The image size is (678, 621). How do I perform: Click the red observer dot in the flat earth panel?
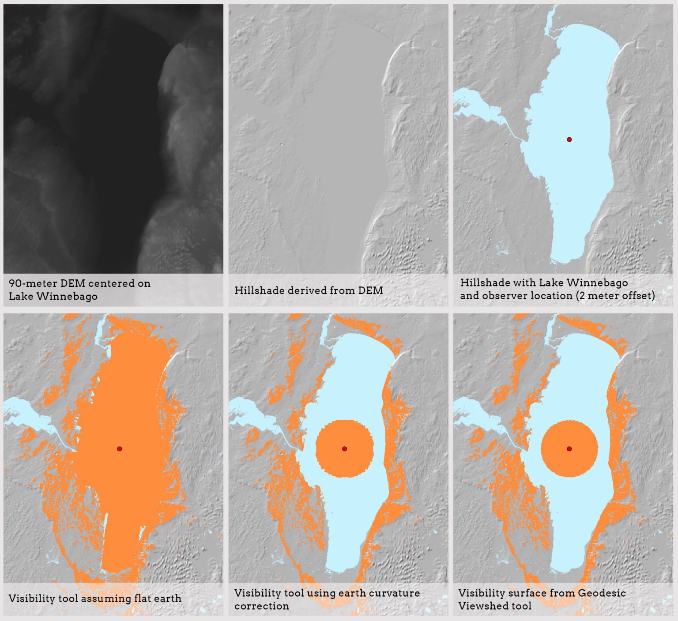120,449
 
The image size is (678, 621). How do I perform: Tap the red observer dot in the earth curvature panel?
345,449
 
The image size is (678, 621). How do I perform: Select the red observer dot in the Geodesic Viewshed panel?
569,449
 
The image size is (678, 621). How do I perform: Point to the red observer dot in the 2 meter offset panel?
569,139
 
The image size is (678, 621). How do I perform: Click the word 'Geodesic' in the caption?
602,593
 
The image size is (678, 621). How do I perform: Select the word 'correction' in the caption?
262,606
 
